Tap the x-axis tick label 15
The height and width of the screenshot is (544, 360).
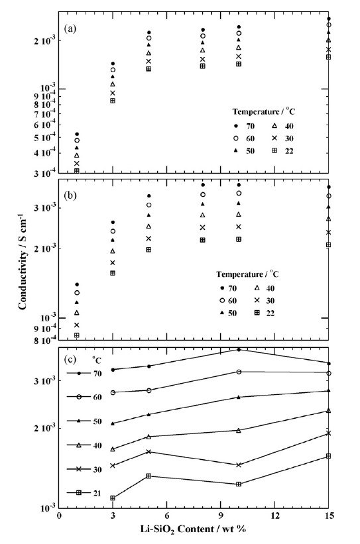[x=328, y=516]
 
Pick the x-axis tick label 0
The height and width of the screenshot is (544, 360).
[x=60, y=516]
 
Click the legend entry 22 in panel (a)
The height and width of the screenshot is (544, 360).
[x=289, y=150]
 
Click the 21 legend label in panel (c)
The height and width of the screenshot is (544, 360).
[x=97, y=492]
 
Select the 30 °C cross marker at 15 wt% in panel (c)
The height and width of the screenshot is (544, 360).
[x=328, y=433]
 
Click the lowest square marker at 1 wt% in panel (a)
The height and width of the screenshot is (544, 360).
[x=77, y=171]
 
